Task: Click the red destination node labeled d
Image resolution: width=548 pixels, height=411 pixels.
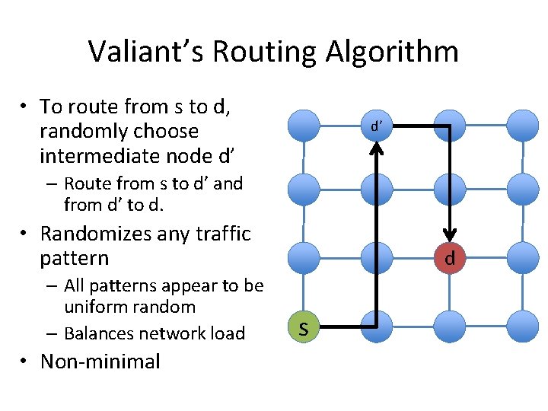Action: pos(450,259)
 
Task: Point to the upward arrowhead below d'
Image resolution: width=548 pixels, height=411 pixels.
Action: pos(377,150)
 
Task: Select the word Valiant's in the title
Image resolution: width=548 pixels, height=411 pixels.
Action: pos(145,52)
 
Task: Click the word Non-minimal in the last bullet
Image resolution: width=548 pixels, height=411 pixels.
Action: pos(100,361)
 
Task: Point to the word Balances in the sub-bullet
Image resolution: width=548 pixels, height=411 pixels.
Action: pos(96,333)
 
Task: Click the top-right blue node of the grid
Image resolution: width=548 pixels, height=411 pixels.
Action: pos(522,124)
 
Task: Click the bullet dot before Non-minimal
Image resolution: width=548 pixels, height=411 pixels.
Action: pos(24,362)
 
